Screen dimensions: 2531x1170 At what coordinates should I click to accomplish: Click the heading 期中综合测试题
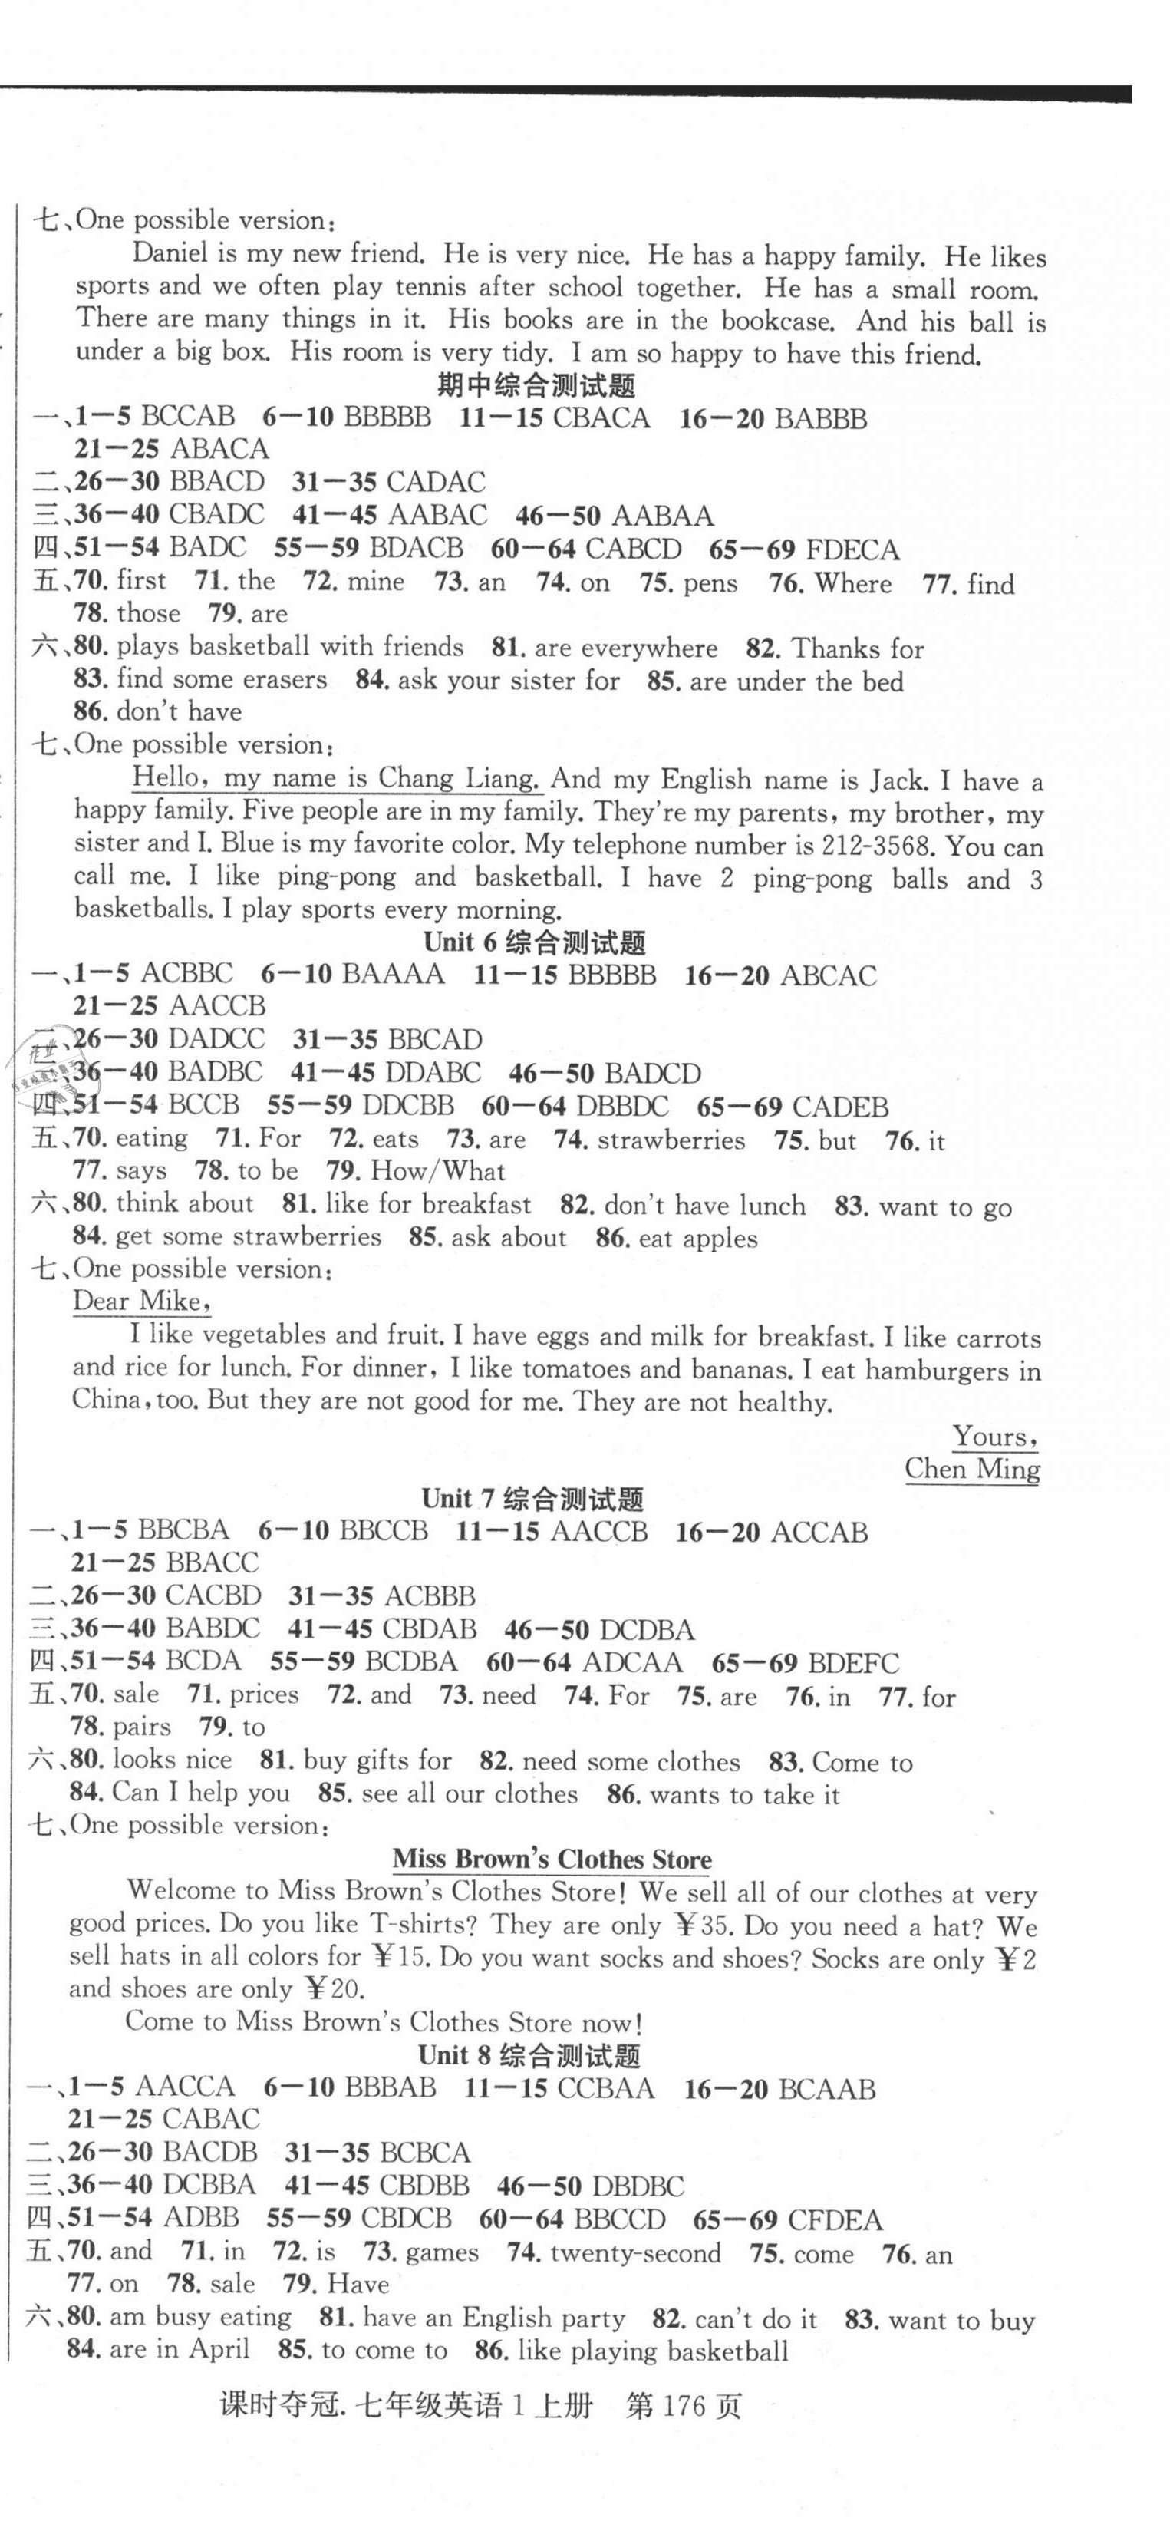[x=536, y=384]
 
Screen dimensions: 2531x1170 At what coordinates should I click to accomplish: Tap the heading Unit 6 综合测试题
[x=535, y=942]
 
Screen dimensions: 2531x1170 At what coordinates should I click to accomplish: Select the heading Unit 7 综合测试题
[x=532, y=1498]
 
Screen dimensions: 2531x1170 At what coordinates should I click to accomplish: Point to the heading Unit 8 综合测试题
[x=529, y=2055]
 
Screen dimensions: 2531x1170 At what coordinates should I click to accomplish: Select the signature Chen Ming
[x=971, y=1469]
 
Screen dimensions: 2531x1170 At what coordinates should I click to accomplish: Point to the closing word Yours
[x=994, y=1437]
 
